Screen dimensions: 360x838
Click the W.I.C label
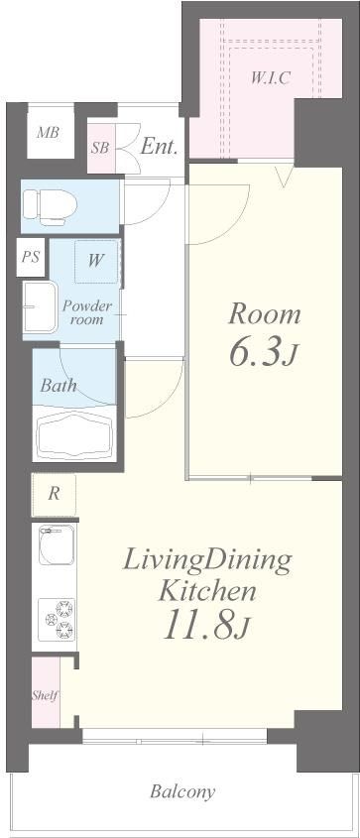(x=271, y=78)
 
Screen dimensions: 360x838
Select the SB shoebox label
(x=100, y=148)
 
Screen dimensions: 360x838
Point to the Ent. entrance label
(x=159, y=148)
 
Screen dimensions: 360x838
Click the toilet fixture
(x=51, y=205)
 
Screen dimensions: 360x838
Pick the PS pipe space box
(x=31, y=257)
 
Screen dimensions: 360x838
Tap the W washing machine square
(x=96, y=262)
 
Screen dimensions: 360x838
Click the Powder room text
(x=87, y=313)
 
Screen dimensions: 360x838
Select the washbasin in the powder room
(x=40, y=307)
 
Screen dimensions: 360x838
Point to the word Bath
(x=59, y=385)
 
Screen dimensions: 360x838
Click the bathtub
(x=74, y=433)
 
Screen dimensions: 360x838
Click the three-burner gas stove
(x=60, y=619)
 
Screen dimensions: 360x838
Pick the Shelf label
(x=45, y=696)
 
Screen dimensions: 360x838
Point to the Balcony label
(x=182, y=791)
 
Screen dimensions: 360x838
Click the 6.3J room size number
(x=263, y=353)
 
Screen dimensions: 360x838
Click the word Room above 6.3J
(x=265, y=314)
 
